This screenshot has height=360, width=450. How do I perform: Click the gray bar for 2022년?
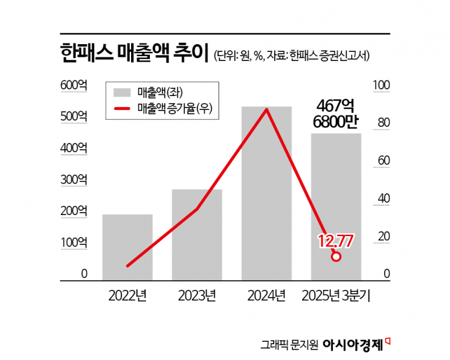[x=127, y=247]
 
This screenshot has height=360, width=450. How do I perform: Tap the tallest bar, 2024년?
[x=266, y=193]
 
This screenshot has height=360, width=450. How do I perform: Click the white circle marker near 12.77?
[x=336, y=256]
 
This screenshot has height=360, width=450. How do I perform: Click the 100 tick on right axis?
[x=383, y=86]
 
